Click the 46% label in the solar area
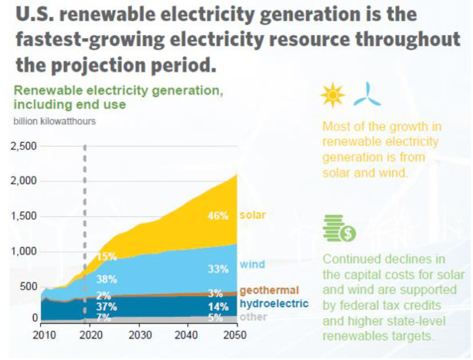[218, 216]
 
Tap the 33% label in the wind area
[218, 269]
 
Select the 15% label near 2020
[106, 257]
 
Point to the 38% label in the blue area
[106, 279]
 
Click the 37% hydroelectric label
[106, 307]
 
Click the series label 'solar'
[252, 215]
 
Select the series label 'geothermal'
[268, 290]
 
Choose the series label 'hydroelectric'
[274, 304]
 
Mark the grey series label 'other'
[253, 317]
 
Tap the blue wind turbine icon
[367, 95]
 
